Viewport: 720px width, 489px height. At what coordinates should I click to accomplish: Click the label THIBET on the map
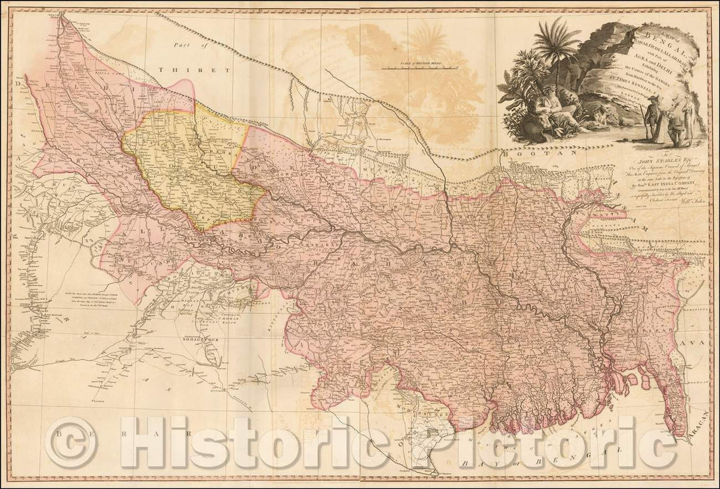199,69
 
